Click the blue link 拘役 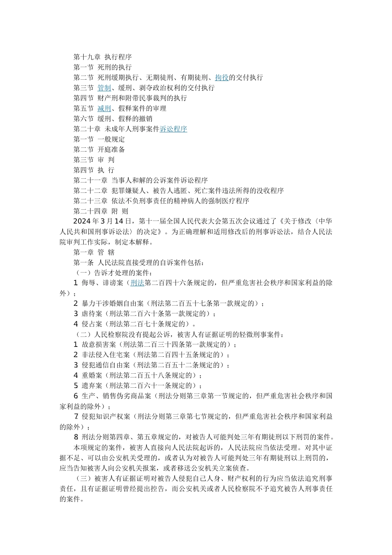point(222,78)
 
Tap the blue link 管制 point(104,88)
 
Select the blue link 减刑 point(104,109)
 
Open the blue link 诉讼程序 point(173,129)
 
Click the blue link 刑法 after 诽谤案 point(137,283)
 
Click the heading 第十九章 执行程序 point(102,57)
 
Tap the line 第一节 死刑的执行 point(102,67)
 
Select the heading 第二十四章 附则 point(101,211)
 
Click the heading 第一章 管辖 point(94,252)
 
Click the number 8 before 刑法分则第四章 point(76,437)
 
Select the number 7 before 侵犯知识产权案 point(76,417)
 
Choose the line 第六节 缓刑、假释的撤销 point(113,119)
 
